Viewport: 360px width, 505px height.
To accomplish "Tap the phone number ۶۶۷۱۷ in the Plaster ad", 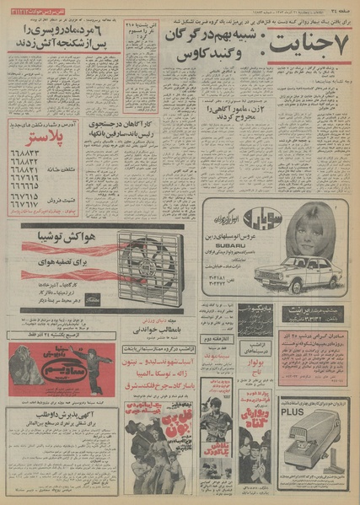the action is pos(29,203).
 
